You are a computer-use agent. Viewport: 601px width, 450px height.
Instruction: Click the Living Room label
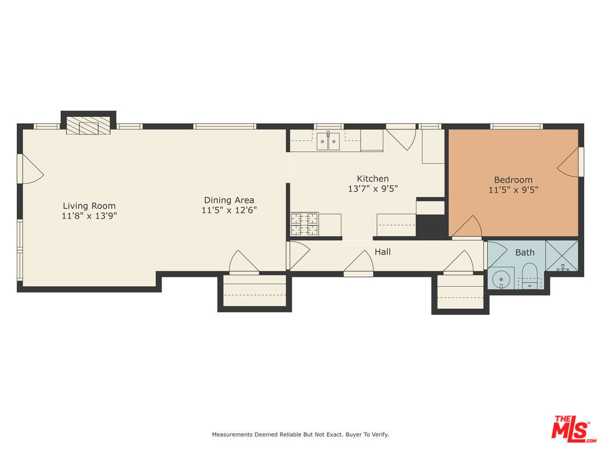[89, 206]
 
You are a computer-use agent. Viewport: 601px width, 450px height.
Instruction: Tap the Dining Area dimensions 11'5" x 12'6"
[229, 211]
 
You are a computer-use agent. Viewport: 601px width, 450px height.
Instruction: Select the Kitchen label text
[372, 179]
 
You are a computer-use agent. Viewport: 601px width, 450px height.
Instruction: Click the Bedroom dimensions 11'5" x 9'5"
[513, 190]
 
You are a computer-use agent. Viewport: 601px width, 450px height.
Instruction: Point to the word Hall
[383, 252]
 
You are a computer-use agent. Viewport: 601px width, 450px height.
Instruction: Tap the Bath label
[525, 252]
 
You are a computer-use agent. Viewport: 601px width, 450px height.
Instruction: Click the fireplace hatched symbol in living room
[88, 126]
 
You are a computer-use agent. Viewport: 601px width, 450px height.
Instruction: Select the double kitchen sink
[327, 142]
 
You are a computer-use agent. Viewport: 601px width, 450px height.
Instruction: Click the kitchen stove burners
[304, 224]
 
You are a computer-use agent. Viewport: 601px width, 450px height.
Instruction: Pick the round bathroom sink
[500, 278]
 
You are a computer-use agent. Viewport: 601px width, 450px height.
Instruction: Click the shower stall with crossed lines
[561, 256]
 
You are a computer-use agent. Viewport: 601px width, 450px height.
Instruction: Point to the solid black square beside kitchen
[431, 226]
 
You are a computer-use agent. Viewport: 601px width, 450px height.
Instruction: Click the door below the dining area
[244, 262]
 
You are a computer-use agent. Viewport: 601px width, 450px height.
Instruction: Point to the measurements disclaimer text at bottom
[300, 434]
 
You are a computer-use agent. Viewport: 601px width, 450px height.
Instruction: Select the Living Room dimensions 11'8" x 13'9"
[89, 216]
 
